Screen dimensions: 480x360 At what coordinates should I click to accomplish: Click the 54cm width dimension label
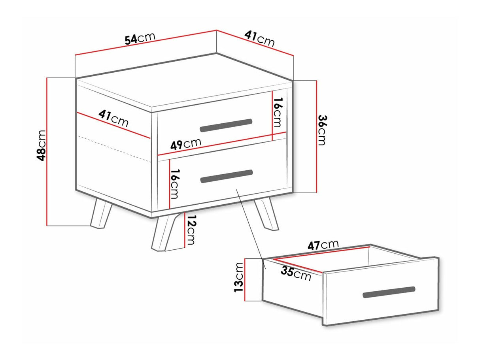click(x=140, y=38)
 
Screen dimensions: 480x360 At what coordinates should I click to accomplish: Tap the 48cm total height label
click(x=41, y=145)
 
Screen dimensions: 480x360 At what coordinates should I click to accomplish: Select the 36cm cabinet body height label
click(x=322, y=130)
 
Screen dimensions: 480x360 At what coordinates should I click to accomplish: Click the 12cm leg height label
click(x=190, y=230)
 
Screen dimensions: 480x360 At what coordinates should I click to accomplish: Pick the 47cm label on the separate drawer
click(x=323, y=245)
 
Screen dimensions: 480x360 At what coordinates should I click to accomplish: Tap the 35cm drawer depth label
click(x=296, y=273)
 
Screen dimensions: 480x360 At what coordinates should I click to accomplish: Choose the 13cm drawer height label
click(x=238, y=277)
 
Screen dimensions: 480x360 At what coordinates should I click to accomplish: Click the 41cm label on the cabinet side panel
click(x=113, y=118)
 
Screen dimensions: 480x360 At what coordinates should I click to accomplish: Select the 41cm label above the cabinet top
click(x=259, y=39)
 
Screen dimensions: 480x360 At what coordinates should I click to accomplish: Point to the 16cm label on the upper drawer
click(x=278, y=112)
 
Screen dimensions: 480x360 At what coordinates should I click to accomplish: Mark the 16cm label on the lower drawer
click(x=174, y=184)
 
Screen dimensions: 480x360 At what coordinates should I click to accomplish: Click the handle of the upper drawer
click(x=226, y=125)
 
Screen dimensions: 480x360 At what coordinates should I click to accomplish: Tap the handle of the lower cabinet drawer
click(x=227, y=176)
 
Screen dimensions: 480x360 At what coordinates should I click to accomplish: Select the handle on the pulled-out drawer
click(x=389, y=292)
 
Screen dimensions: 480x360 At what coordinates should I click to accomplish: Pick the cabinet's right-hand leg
click(x=266, y=215)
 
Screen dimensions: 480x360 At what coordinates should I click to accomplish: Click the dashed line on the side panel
click(x=114, y=149)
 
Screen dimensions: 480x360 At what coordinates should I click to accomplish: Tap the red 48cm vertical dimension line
click(x=47, y=151)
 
